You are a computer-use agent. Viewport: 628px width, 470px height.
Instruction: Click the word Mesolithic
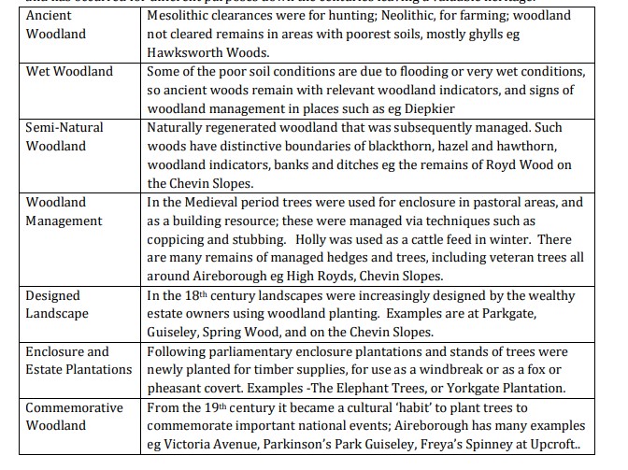pos(180,15)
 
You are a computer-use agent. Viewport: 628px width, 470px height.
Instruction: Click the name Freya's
pos(464,445)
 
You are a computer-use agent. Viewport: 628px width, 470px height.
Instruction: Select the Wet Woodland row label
pos(69,71)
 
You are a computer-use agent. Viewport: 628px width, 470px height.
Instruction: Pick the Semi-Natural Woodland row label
pos(64,136)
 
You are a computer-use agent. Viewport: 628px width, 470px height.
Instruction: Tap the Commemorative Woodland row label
pos(74,417)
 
